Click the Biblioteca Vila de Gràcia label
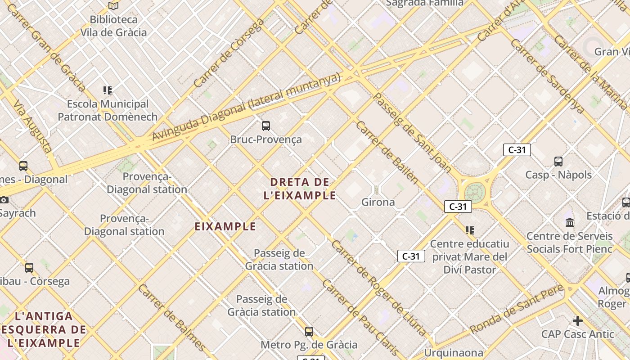click(113, 26)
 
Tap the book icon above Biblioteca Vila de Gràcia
click(113, 6)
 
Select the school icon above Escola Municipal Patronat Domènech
click(108, 90)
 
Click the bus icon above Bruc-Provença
click(266, 126)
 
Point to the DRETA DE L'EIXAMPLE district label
click(303, 189)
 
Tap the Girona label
click(378, 202)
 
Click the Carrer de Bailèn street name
click(387, 152)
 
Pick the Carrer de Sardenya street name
click(548, 76)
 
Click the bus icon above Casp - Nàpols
click(558, 161)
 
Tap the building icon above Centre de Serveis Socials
click(570, 222)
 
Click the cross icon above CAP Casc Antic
click(578, 321)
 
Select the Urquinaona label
click(454, 353)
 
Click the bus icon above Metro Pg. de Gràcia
click(309, 332)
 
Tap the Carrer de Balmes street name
click(172, 317)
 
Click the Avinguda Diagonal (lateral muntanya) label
click(246, 107)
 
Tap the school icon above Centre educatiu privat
click(470, 230)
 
